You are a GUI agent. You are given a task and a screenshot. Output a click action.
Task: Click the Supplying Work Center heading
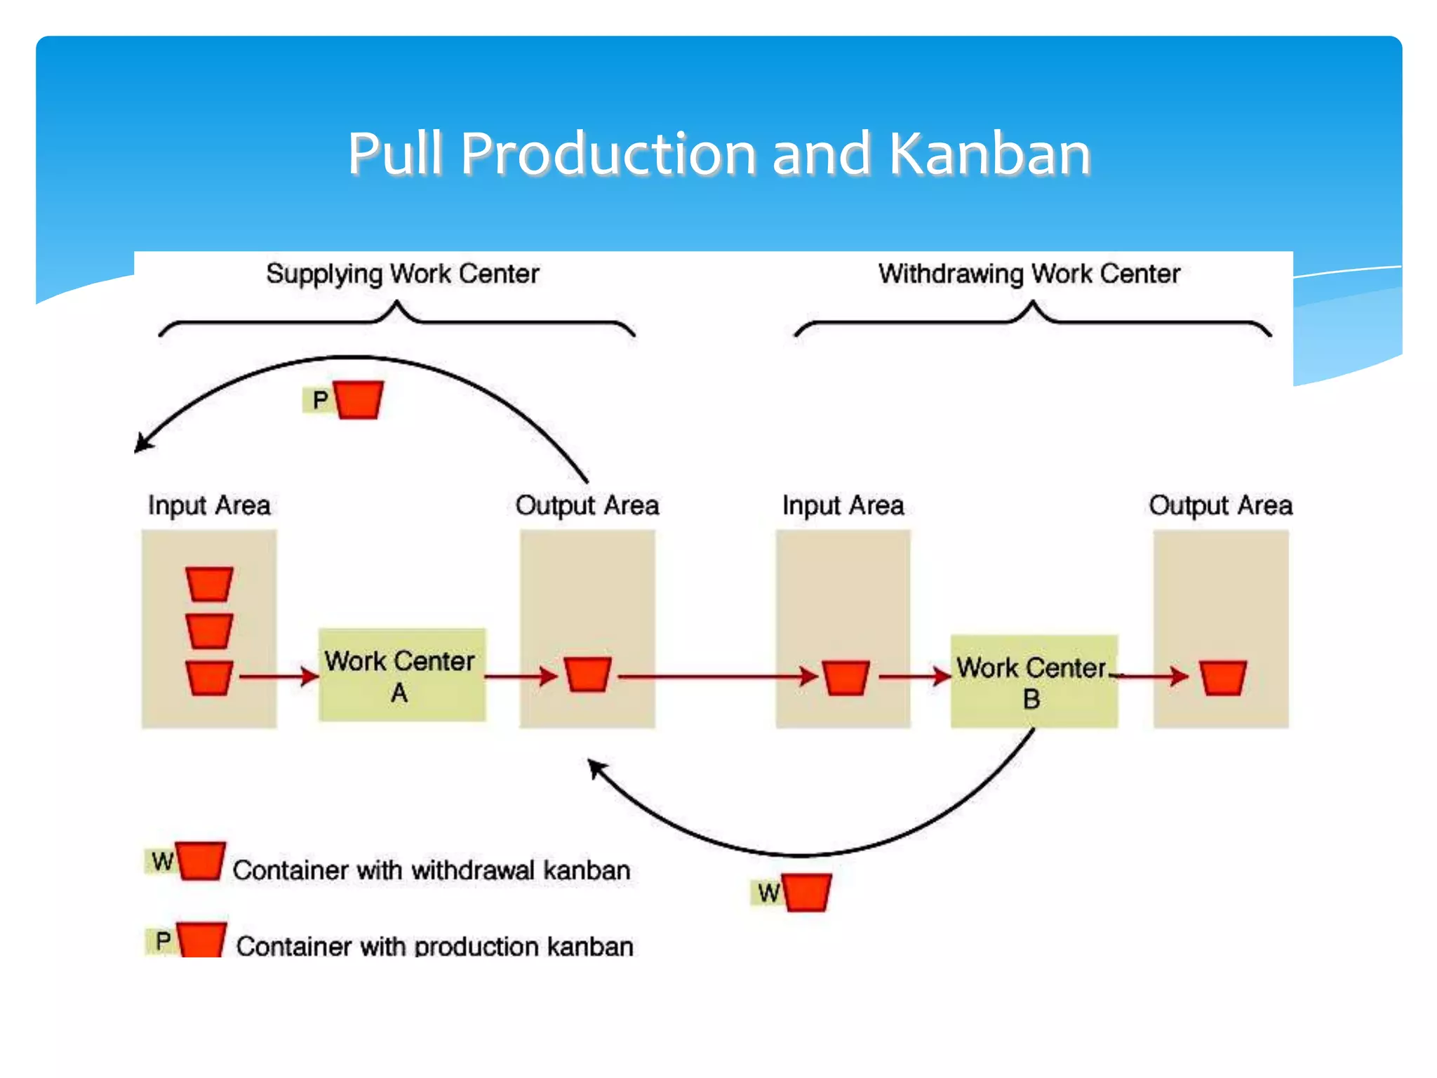pos(402,274)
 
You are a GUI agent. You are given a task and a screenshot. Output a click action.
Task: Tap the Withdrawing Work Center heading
pos(1029,274)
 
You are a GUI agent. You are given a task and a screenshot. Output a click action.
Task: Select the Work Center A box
pos(401,675)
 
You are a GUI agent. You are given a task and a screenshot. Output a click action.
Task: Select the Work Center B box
pos(1033,681)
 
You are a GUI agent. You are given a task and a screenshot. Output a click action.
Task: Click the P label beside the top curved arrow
pos(320,400)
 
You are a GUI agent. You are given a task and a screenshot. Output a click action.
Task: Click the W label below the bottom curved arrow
pos(768,893)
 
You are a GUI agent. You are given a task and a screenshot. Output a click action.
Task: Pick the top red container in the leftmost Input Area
pos(209,584)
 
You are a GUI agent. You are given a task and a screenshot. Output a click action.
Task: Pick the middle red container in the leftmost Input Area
pos(209,631)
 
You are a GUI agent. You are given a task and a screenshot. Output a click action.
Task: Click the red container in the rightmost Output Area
pos(1222,677)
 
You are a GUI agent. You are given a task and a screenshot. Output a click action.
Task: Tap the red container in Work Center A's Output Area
pos(588,674)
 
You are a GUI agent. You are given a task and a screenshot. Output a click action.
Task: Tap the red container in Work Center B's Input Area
pos(846,677)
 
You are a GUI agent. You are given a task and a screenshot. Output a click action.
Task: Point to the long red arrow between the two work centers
pos(716,677)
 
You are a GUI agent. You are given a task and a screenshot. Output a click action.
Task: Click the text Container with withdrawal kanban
pos(431,870)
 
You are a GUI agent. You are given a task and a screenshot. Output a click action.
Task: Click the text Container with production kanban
pos(434,946)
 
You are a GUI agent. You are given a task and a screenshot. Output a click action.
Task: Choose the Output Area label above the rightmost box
pos(1220,505)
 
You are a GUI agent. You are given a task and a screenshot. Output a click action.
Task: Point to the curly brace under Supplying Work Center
pos(397,319)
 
